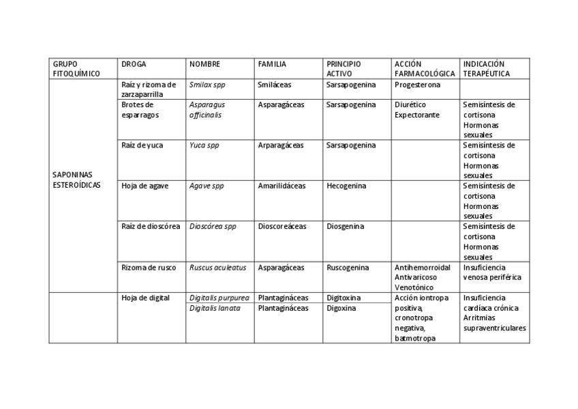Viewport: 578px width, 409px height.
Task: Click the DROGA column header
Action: pos(133,64)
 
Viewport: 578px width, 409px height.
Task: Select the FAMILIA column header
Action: pos(272,64)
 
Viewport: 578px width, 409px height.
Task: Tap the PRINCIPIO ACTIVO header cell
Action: pos(344,68)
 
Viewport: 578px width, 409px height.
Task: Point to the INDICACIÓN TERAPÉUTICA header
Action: pos(485,68)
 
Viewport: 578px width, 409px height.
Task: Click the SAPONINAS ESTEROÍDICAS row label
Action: pos(72,180)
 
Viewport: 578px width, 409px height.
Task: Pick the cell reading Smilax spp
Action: pos(207,85)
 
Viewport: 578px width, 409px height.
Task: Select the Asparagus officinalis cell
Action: pos(207,110)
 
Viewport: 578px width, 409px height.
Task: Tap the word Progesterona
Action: pos(417,85)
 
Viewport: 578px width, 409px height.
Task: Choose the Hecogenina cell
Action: pos(346,186)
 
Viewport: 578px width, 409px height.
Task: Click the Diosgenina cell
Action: pos(345,226)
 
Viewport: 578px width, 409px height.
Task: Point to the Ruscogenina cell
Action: pos(348,268)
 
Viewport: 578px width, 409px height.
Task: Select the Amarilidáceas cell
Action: pos(282,186)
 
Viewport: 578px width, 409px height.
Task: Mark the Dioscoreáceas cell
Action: pos(282,226)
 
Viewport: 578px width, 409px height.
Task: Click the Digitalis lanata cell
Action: pos(215,308)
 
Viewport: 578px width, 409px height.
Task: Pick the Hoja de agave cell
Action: pos(144,186)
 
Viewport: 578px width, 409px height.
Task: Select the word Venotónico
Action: pos(413,287)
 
